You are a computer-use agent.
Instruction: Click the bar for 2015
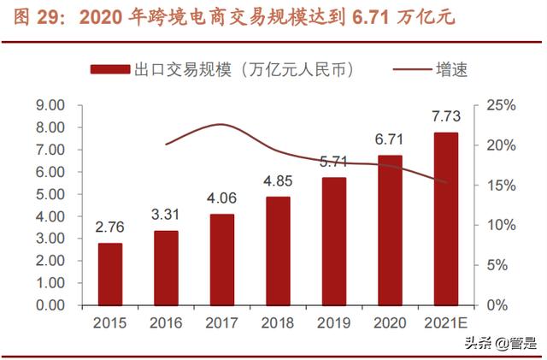point(110,274)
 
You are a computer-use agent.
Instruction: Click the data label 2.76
point(110,228)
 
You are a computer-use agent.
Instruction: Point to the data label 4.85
point(277,182)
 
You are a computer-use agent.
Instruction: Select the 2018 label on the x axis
point(277,323)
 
